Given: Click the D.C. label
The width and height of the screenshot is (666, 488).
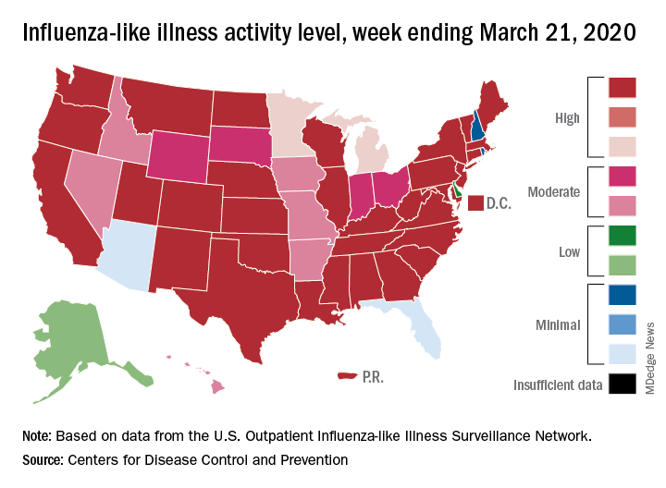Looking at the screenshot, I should [499, 202].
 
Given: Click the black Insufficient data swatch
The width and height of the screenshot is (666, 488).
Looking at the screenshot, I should [623, 384].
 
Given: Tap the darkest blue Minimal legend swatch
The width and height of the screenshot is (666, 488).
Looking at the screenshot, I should [623, 296].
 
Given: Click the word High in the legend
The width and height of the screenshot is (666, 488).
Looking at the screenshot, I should [567, 118].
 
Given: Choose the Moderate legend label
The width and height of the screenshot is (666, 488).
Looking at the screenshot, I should [553, 192].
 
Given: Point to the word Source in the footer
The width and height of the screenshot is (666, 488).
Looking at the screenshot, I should [42, 458].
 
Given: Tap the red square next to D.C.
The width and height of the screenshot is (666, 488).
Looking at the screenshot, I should [475, 202].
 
